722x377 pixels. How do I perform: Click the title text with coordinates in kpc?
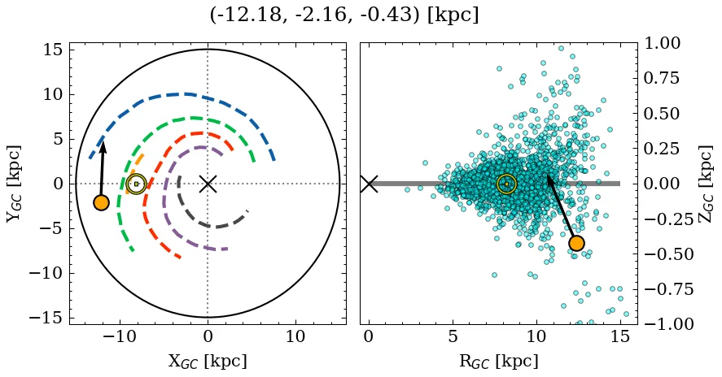pyautogui.click(x=343, y=15)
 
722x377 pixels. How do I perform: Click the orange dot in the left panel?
pyautogui.click(x=101, y=202)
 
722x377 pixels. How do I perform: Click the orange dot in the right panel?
pyautogui.click(x=576, y=243)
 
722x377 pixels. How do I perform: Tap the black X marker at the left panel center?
pyautogui.click(x=208, y=184)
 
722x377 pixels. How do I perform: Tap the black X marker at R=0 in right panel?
pyautogui.click(x=369, y=184)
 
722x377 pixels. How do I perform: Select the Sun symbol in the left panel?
pyautogui.click(x=136, y=184)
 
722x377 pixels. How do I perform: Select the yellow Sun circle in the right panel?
pyautogui.click(x=506, y=184)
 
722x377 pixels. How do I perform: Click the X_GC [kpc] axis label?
pyautogui.click(x=208, y=361)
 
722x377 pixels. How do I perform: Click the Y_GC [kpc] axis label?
pyautogui.click(x=14, y=184)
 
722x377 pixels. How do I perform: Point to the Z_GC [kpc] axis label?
pyautogui.click(x=706, y=184)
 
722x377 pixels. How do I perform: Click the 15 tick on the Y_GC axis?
pyautogui.click(x=53, y=50)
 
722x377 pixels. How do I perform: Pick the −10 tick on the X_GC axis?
pyautogui.click(x=120, y=336)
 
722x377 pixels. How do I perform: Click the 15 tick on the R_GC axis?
pyautogui.click(x=619, y=336)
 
